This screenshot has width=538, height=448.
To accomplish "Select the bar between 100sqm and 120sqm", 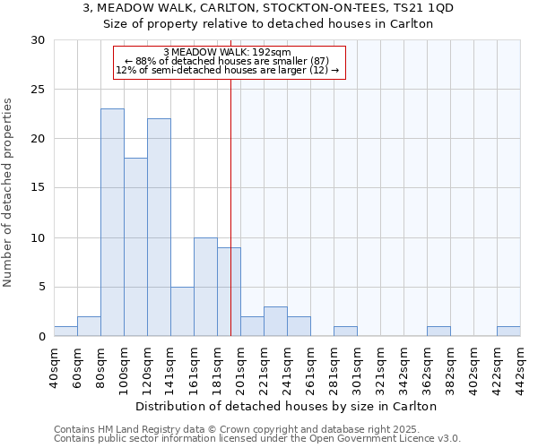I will (135, 247).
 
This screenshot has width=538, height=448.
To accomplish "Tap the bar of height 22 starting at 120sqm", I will (159, 228).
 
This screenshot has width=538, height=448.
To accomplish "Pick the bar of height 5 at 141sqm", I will (182, 312).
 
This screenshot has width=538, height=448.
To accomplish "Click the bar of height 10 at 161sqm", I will (205, 287).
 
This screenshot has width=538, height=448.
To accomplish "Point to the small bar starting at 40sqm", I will (65, 332).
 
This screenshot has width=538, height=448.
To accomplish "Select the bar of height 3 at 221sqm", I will (275, 322).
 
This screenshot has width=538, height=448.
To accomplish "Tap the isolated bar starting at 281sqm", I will (345, 332).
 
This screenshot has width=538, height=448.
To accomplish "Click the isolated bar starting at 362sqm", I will (438, 332).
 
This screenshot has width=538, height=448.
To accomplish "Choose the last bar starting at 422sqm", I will (508, 332).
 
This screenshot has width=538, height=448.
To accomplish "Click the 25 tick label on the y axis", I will (38, 90).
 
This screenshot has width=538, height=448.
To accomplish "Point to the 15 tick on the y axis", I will (38, 188).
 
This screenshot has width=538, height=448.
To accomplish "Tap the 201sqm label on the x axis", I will (241, 366).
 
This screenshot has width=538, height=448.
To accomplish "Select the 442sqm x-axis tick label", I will (521, 366).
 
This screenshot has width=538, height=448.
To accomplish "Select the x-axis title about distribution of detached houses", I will (287, 406).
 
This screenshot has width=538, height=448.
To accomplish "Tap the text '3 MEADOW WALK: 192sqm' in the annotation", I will (228, 52).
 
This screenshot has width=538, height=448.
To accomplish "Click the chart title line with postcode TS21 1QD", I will (268, 8).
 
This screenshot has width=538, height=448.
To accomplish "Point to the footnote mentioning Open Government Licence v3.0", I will (257, 439).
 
